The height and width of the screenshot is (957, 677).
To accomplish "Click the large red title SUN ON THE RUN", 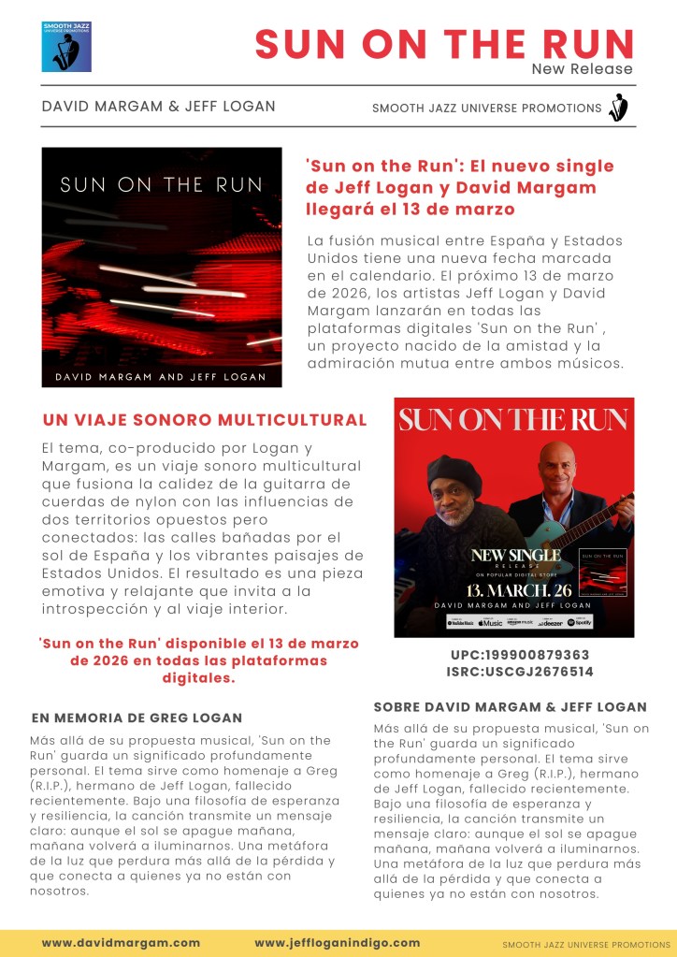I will pos(444,43).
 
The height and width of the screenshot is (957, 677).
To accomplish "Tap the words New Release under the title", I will pos(582,69).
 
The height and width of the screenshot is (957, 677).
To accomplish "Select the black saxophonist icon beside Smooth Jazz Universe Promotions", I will pos(618,108).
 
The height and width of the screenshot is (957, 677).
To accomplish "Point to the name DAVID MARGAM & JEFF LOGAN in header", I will pos(158,107).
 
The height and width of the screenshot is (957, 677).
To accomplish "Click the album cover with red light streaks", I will pos(162,268).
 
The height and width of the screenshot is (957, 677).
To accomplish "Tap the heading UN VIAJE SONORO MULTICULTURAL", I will pos(205,420).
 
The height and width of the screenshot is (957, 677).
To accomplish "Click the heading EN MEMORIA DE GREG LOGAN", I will pos(137,718).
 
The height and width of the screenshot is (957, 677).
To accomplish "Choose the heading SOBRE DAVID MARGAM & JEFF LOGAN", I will pos(510,707).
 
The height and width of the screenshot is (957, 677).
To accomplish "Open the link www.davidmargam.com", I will pos(121,943).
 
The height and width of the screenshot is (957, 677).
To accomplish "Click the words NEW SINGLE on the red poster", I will pos(515,556).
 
